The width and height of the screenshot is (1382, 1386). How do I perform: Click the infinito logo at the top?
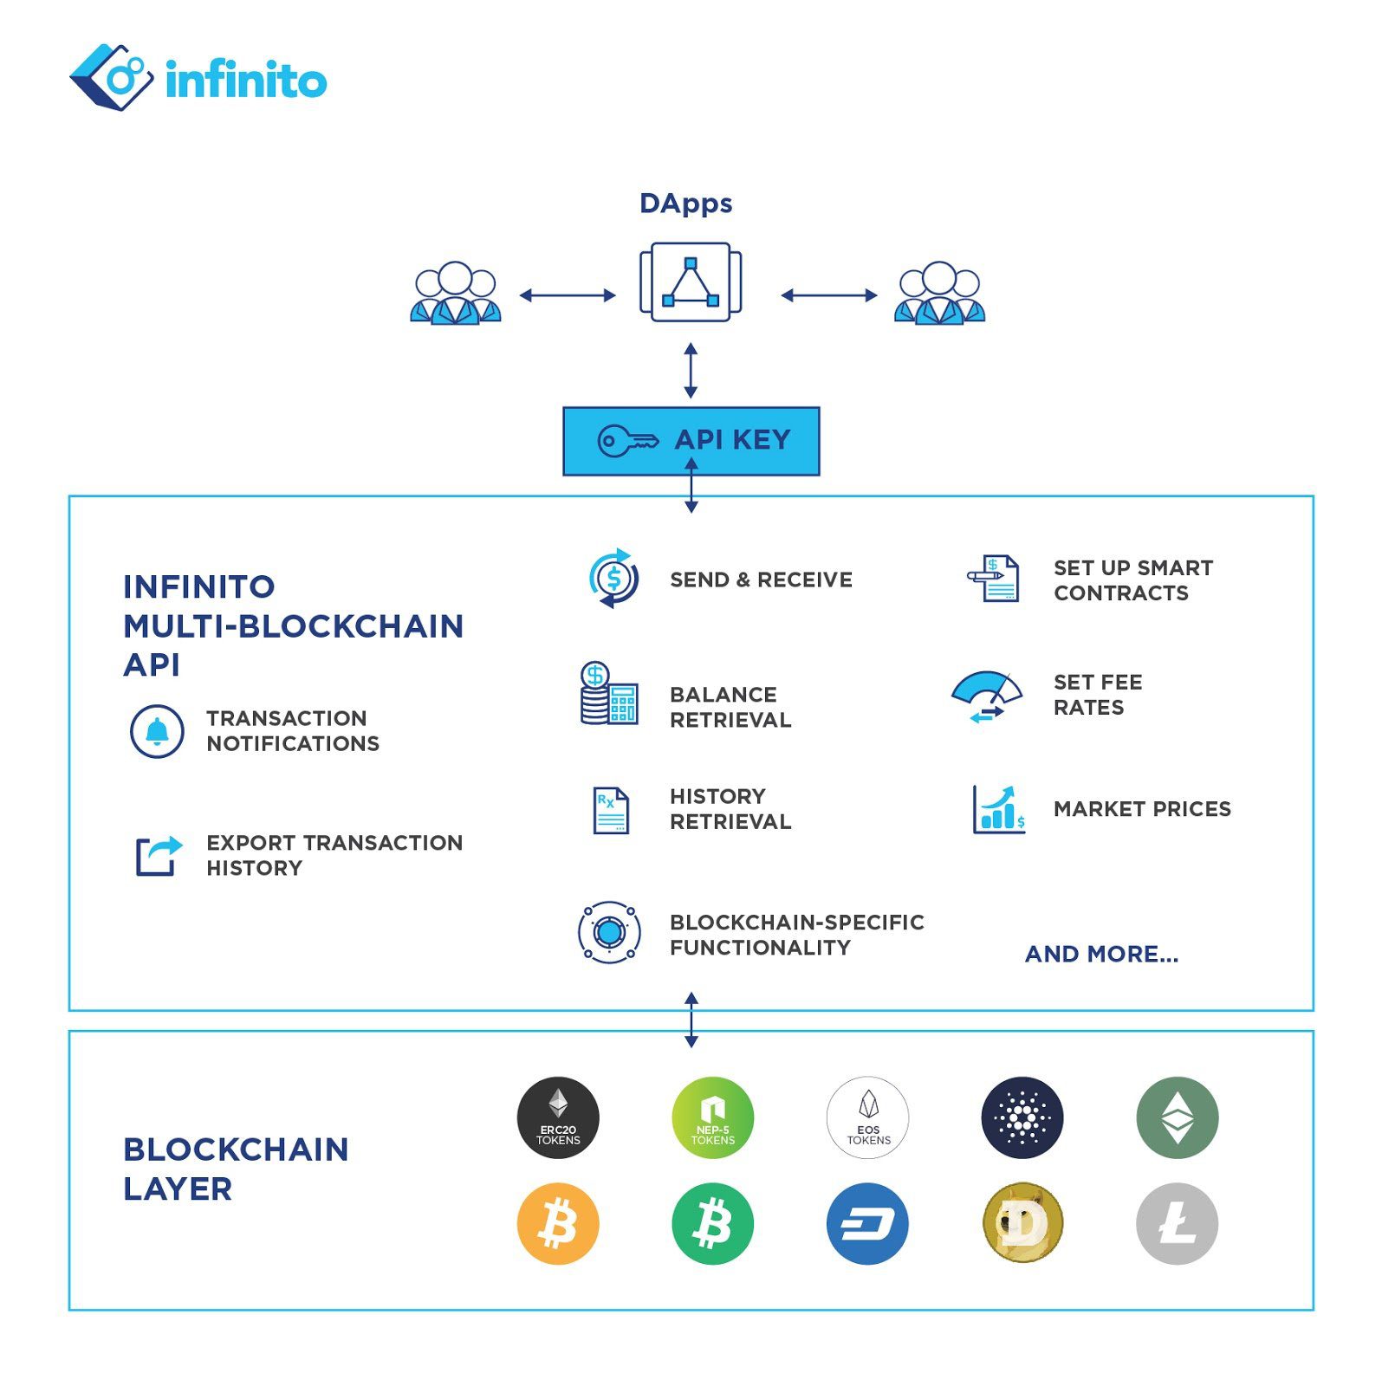click(x=198, y=78)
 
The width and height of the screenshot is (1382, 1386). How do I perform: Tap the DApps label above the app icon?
click(x=685, y=204)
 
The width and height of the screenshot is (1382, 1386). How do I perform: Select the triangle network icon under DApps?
click(x=690, y=282)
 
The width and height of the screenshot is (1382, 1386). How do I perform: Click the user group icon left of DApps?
click(x=455, y=293)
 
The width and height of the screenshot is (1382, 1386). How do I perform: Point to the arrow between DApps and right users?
click(x=828, y=295)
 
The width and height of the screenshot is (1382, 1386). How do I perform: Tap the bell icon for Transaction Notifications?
click(x=157, y=732)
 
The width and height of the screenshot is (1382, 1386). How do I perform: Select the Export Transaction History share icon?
click(x=159, y=856)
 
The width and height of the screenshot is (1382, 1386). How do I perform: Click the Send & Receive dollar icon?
click(x=613, y=579)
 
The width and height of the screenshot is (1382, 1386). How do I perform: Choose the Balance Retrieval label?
click(x=730, y=707)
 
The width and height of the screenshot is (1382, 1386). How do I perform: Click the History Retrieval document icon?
click(x=611, y=810)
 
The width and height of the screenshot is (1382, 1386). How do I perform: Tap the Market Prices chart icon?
click(x=998, y=809)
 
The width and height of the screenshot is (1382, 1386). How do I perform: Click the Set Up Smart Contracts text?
click(x=1132, y=580)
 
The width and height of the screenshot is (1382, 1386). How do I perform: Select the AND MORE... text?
click(x=1101, y=954)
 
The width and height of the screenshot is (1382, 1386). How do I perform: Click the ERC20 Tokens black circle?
click(x=558, y=1117)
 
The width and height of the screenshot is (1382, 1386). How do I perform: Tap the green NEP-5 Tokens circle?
click(x=712, y=1117)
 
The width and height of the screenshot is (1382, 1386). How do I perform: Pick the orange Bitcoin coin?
click(x=558, y=1223)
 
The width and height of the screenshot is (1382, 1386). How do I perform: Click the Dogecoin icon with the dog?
click(x=1022, y=1223)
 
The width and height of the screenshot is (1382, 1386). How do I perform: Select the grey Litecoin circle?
click(x=1177, y=1223)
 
